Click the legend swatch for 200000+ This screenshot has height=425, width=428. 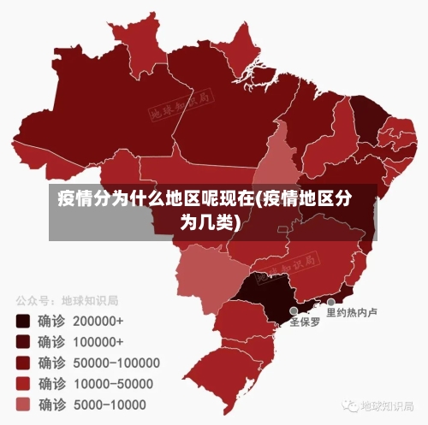pos(23,322)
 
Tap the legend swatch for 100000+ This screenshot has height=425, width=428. pos(23,342)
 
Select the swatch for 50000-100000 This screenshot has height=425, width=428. pos(23,363)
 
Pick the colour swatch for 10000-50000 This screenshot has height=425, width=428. pos(23,383)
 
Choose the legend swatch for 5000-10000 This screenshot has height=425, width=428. pos(23,404)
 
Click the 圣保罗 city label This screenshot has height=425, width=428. pos(305,323)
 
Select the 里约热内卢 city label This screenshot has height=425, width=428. pos(353,313)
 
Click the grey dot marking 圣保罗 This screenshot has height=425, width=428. pos(294,311)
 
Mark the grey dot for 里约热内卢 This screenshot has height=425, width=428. pos(331,302)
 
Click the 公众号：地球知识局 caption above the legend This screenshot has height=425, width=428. pos(66,301)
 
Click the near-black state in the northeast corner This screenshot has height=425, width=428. pos(366,120)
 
